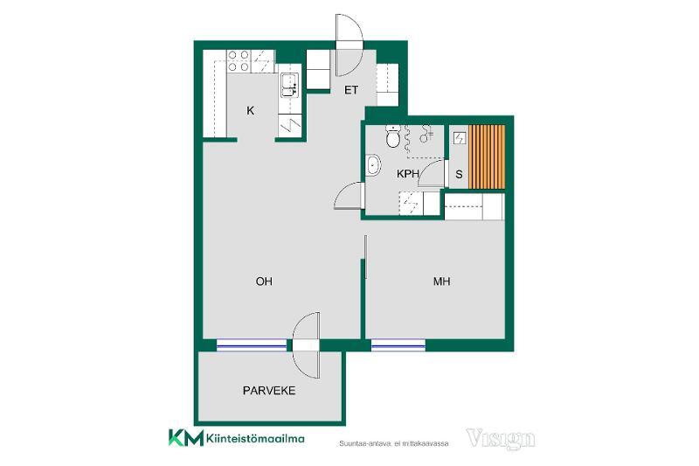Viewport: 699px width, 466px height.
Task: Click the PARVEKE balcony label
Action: (269, 391)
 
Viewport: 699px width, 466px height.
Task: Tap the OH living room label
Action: (264, 282)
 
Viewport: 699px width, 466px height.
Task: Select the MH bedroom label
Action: (441, 282)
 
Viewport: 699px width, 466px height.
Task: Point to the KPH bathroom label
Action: (407, 174)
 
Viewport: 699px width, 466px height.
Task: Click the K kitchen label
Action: (251, 110)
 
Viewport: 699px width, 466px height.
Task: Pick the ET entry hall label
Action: (351, 90)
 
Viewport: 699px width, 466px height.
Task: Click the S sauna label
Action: (459, 174)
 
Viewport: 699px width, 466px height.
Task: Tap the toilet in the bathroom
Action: (392, 136)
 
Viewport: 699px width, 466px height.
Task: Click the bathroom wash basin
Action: (373, 164)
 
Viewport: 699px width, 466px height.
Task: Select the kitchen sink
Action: (288, 85)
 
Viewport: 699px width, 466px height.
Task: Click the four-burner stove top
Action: (239, 61)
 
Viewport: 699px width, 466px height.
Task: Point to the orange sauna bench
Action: (487, 156)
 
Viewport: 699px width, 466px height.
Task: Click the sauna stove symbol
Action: (459, 139)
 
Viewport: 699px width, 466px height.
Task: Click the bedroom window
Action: (398, 345)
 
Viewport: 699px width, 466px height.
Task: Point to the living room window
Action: (252, 345)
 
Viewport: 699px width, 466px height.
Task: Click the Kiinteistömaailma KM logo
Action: (236, 438)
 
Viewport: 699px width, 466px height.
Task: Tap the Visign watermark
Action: (501, 438)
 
